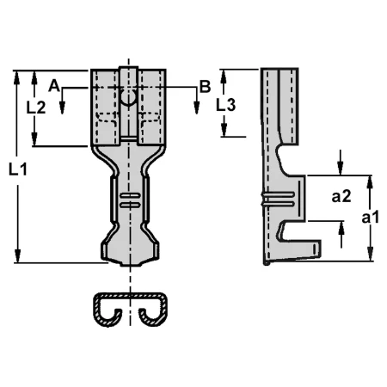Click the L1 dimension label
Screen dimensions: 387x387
18,169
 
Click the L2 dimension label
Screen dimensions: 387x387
36,107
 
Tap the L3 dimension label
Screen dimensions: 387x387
225,105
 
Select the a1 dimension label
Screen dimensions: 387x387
370,217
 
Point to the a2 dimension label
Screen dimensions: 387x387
341,197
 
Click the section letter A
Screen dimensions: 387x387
54,86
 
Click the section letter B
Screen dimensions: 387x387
205,86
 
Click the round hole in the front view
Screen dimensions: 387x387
128,98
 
